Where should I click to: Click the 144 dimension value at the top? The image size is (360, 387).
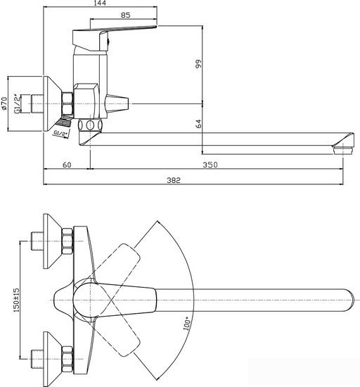(100, 4)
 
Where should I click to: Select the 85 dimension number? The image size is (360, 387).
(125, 15)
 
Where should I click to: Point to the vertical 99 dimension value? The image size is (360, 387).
(198, 63)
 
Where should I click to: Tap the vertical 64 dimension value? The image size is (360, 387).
(198, 124)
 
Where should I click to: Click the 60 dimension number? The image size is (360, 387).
(67, 165)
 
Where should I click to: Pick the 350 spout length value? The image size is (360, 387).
(210, 165)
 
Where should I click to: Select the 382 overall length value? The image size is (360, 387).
(174, 180)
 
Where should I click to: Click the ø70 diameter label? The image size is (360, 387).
(4, 103)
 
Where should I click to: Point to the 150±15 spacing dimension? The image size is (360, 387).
(16, 300)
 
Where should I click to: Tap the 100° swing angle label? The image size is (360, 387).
(186, 324)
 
